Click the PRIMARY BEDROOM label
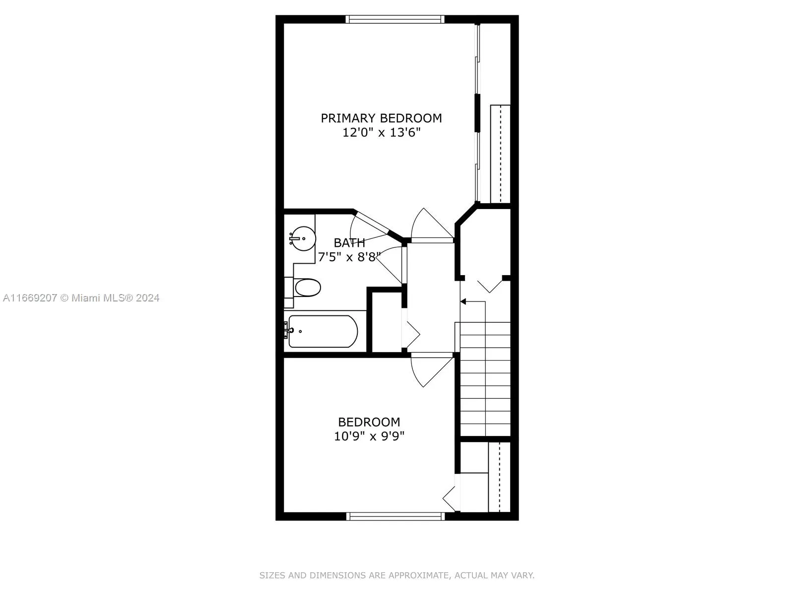(x=381, y=118)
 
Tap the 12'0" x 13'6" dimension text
(x=381, y=133)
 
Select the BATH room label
(x=349, y=243)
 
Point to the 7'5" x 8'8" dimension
(x=349, y=257)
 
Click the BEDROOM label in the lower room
(x=369, y=422)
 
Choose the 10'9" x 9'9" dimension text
(x=369, y=437)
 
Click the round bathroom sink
(x=303, y=239)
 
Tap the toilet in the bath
(x=307, y=288)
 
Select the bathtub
(x=323, y=331)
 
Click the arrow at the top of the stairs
(x=463, y=301)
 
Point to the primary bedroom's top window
(x=395, y=19)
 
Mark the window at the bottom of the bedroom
(x=395, y=517)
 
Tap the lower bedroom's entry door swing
(x=430, y=369)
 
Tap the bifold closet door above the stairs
(x=490, y=286)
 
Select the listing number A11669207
(x=30, y=298)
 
